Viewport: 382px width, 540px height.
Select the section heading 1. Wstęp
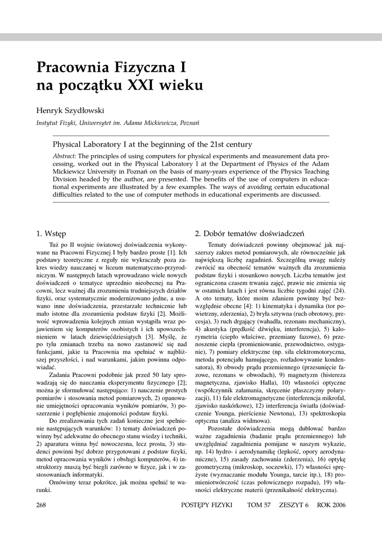click(x=52, y=233)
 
